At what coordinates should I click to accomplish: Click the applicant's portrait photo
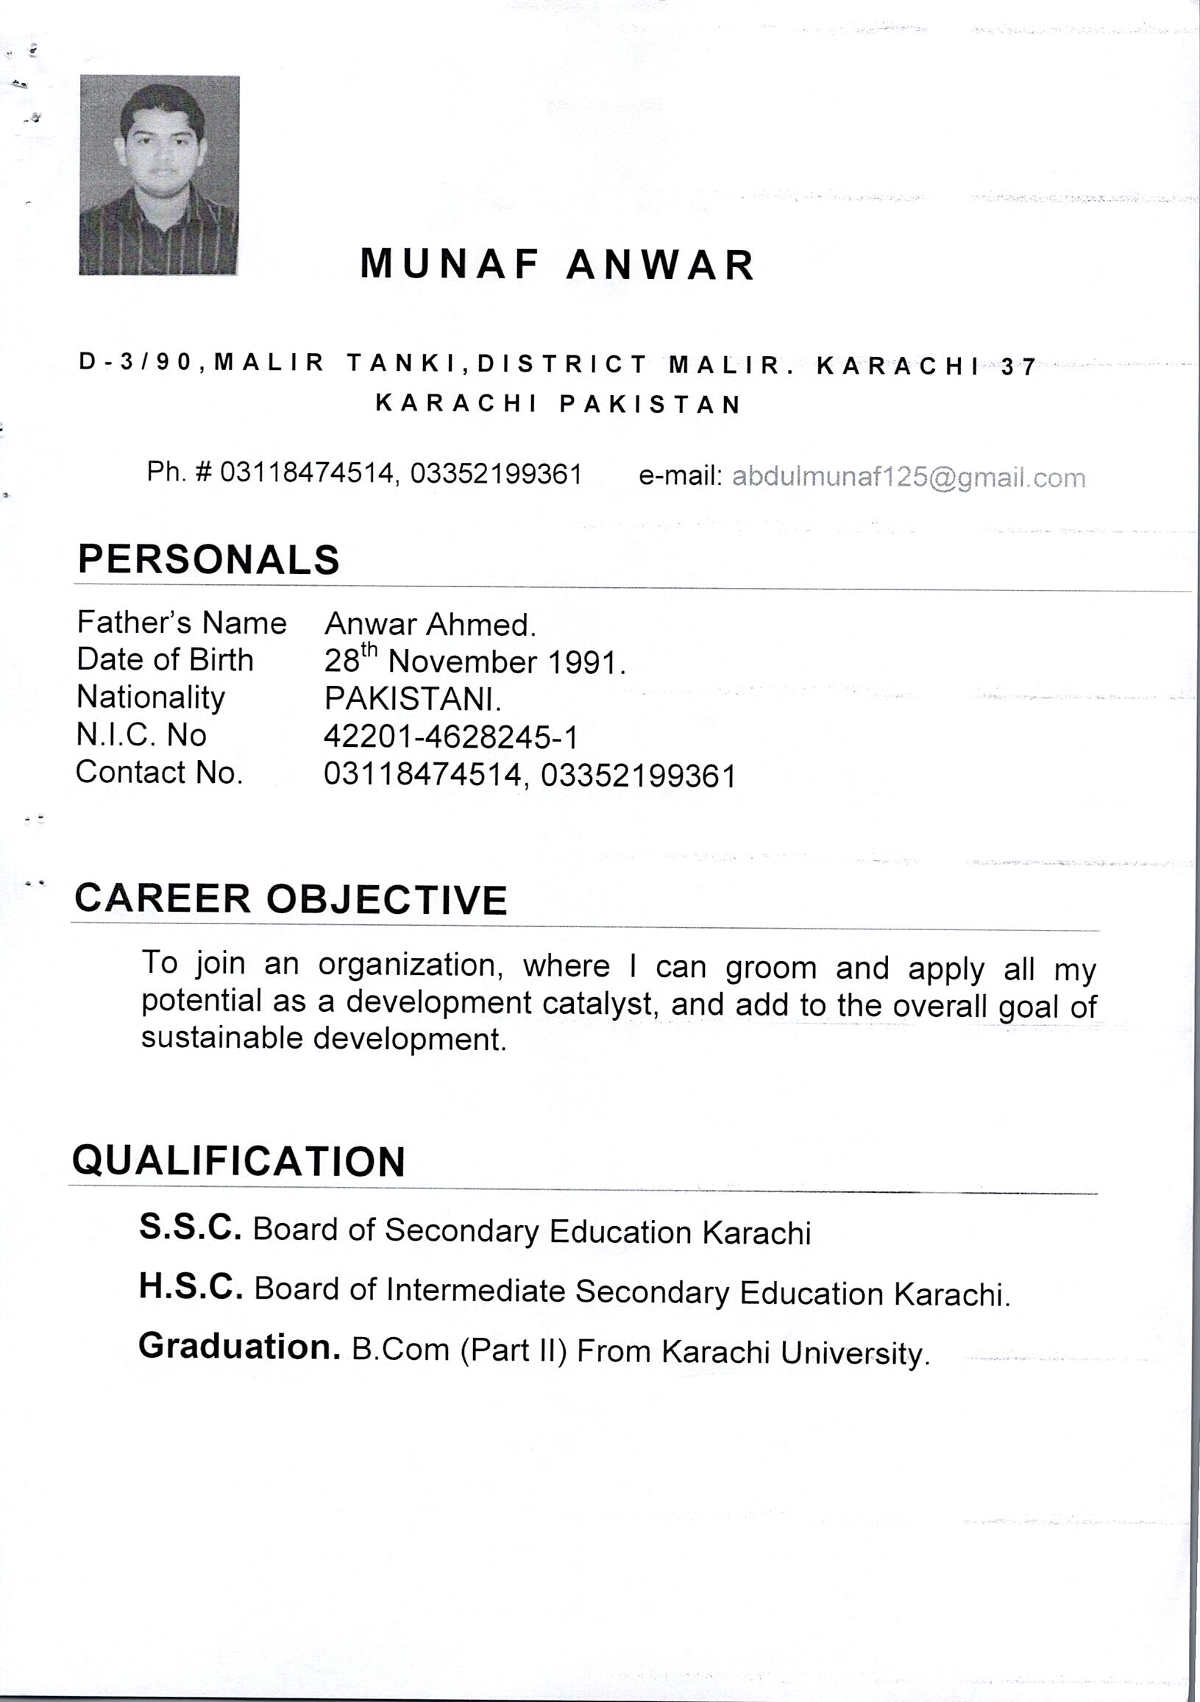coord(159,175)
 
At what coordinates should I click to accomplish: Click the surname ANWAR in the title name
coord(660,265)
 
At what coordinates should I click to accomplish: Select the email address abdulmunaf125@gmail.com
coord(908,478)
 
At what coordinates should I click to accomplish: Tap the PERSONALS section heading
coord(208,560)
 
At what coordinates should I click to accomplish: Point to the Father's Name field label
coord(182,623)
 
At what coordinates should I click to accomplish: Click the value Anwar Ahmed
coord(430,625)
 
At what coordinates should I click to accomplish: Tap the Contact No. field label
coord(160,773)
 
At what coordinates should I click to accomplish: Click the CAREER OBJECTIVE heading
coord(291,899)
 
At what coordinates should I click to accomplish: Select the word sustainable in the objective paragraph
coord(221,1038)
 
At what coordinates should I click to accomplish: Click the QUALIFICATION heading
coord(238,1161)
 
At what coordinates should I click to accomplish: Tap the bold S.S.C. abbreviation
coord(191,1227)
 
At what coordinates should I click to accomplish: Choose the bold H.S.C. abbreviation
coord(191,1287)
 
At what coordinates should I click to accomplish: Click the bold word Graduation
coord(238,1346)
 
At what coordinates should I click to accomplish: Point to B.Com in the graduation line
coord(400,1349)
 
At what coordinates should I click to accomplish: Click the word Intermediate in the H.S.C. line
coord(476,1291)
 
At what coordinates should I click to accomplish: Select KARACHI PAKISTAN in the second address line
coord(558,404)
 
